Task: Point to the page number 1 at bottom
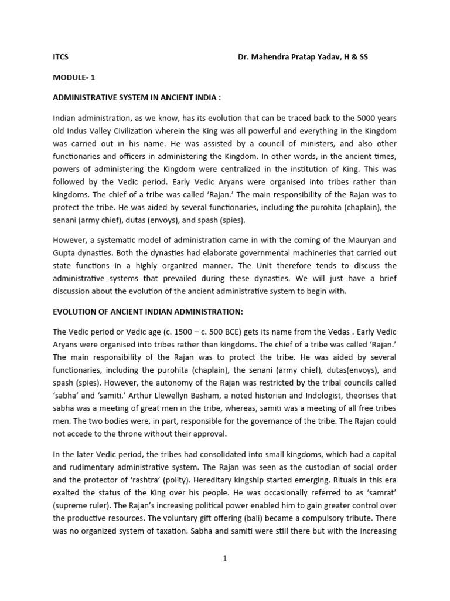click(224, 559)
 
